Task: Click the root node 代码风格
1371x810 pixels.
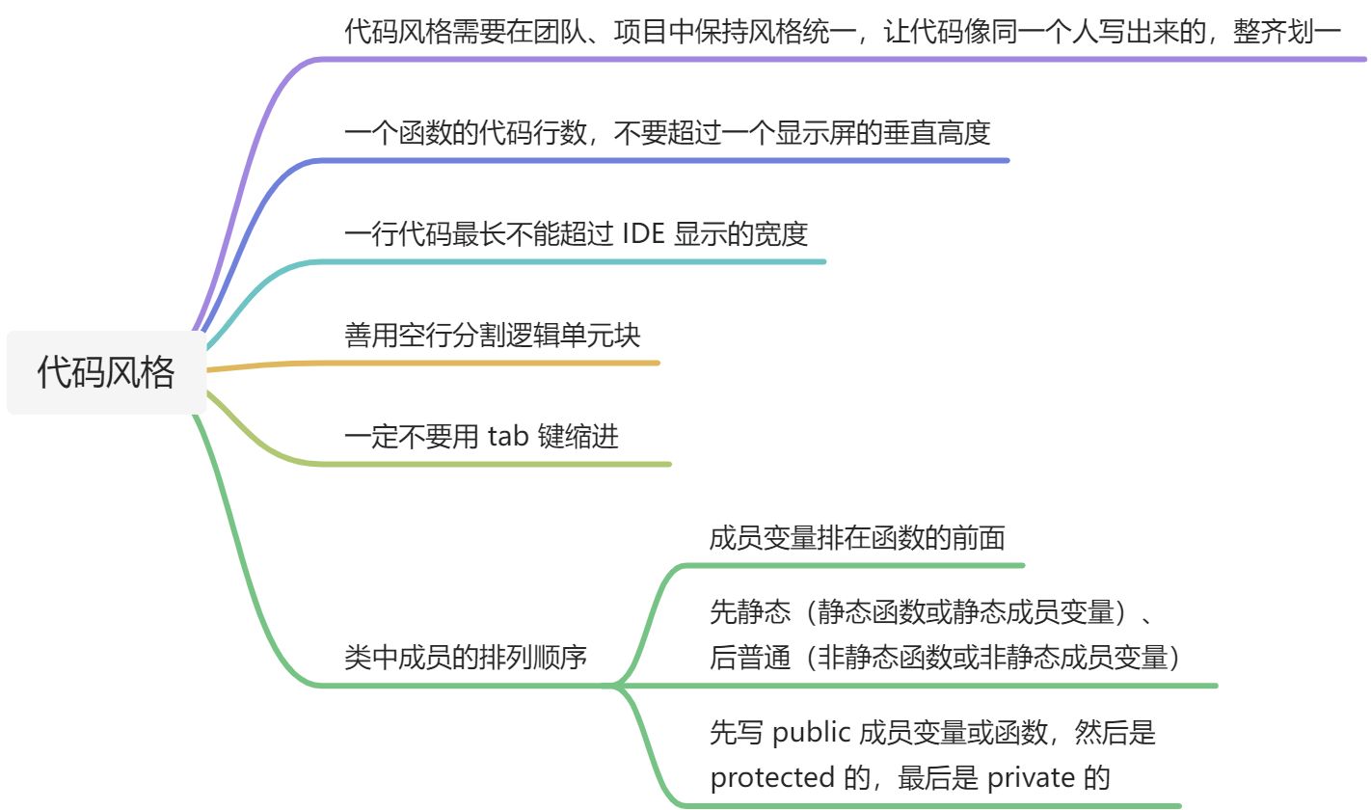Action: pos(106,372)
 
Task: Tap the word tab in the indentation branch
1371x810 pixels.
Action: pos(507,437)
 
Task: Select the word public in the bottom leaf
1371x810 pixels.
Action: pos(811,734)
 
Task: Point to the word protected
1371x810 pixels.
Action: pos(772,777)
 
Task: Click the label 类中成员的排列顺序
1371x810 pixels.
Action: pos(466,659)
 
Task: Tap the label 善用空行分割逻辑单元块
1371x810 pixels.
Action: pos(493,336)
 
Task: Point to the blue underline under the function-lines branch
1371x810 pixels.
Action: pos(675,160)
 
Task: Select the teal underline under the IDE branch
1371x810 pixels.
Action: pos(578,261)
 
